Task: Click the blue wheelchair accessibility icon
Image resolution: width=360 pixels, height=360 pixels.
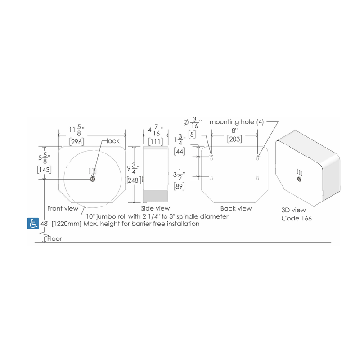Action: (x=33, y=223)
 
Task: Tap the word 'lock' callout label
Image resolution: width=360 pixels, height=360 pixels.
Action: (x=113, y=141)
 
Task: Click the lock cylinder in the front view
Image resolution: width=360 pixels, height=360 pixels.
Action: (x=93, y=179)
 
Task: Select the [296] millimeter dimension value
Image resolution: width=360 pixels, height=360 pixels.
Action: (x=76, y=142)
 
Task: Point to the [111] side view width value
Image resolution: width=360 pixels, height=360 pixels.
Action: (x=156, y=141)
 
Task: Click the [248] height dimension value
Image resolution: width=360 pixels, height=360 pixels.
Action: (x=134, y=180)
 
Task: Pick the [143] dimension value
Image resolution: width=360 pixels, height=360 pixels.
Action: (x=44, y=170)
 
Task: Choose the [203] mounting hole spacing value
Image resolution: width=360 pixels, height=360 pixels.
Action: (x=234, y=139)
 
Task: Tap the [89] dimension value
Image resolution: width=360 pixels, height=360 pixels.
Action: (x=179, y=186)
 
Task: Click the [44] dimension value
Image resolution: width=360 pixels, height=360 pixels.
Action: (x=180, y=152)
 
